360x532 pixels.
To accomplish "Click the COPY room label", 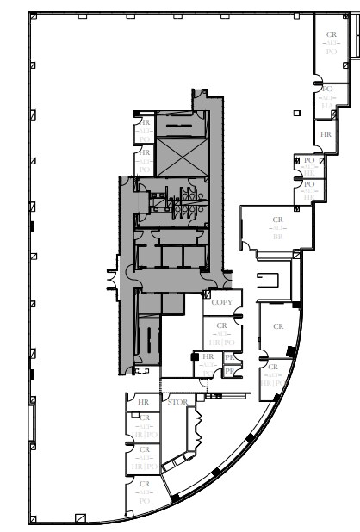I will pyautogui.click(x=221, y=302).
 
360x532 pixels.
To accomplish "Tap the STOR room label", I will pyautogui.click(x=177, y=402).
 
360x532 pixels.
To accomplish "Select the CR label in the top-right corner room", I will pyautogui.click(x=332, y=35).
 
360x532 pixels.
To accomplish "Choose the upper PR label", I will pyautogui.click(x=230, y=356).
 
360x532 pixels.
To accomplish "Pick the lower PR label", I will pyautogui.click(x=230, y=371).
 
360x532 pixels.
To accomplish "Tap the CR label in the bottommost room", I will pyautogui.click(x=145, y=485).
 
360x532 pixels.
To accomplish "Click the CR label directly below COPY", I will pyautogui.click(x=222, y=325).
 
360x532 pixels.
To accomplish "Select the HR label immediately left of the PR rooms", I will pyautogui.click(x=208, y=356).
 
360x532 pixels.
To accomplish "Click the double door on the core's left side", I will pyautogui.click(x=112, y=280).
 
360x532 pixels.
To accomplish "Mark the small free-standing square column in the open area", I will pyautogui.click(x=295, y=113).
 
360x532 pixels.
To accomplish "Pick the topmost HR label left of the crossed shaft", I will pyautogui.click(x=145, y=123).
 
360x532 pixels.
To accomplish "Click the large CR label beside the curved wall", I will pyautogui.click(x=278, y=327).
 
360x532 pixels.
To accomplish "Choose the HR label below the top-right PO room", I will pyautogui.click(x=326, y=135).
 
